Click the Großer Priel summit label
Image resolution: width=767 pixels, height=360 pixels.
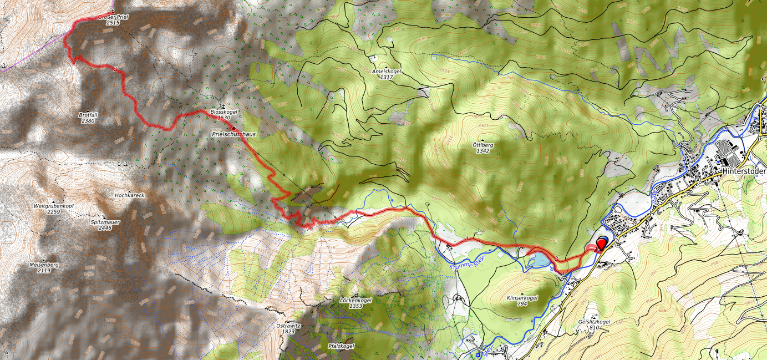(113, 17)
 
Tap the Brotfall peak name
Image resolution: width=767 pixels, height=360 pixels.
(88, 115)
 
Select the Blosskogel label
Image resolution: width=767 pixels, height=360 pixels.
(224, 112)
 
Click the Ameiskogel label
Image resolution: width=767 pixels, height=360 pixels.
(387, 72)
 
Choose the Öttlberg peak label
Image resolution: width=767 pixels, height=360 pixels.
(482, 145)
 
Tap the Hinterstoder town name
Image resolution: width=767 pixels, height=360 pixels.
(744, 172)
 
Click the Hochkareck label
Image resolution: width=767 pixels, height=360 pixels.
(129, 196)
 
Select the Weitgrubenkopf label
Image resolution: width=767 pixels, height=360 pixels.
(54, 206)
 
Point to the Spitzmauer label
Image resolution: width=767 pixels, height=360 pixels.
(105, 222)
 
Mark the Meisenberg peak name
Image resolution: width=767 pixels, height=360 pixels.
(44, 265)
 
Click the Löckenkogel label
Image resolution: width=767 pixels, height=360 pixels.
(355, 300)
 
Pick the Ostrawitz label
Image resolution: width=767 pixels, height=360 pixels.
(288, 326)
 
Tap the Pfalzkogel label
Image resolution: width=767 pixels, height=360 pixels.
(341, 346)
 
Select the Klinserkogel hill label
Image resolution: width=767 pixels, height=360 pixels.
(522, 298)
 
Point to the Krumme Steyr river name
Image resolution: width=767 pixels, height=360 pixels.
(466, 262)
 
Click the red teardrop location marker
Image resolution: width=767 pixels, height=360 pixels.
(601, 242)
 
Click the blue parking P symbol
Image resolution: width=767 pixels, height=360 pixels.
(479, 355)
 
